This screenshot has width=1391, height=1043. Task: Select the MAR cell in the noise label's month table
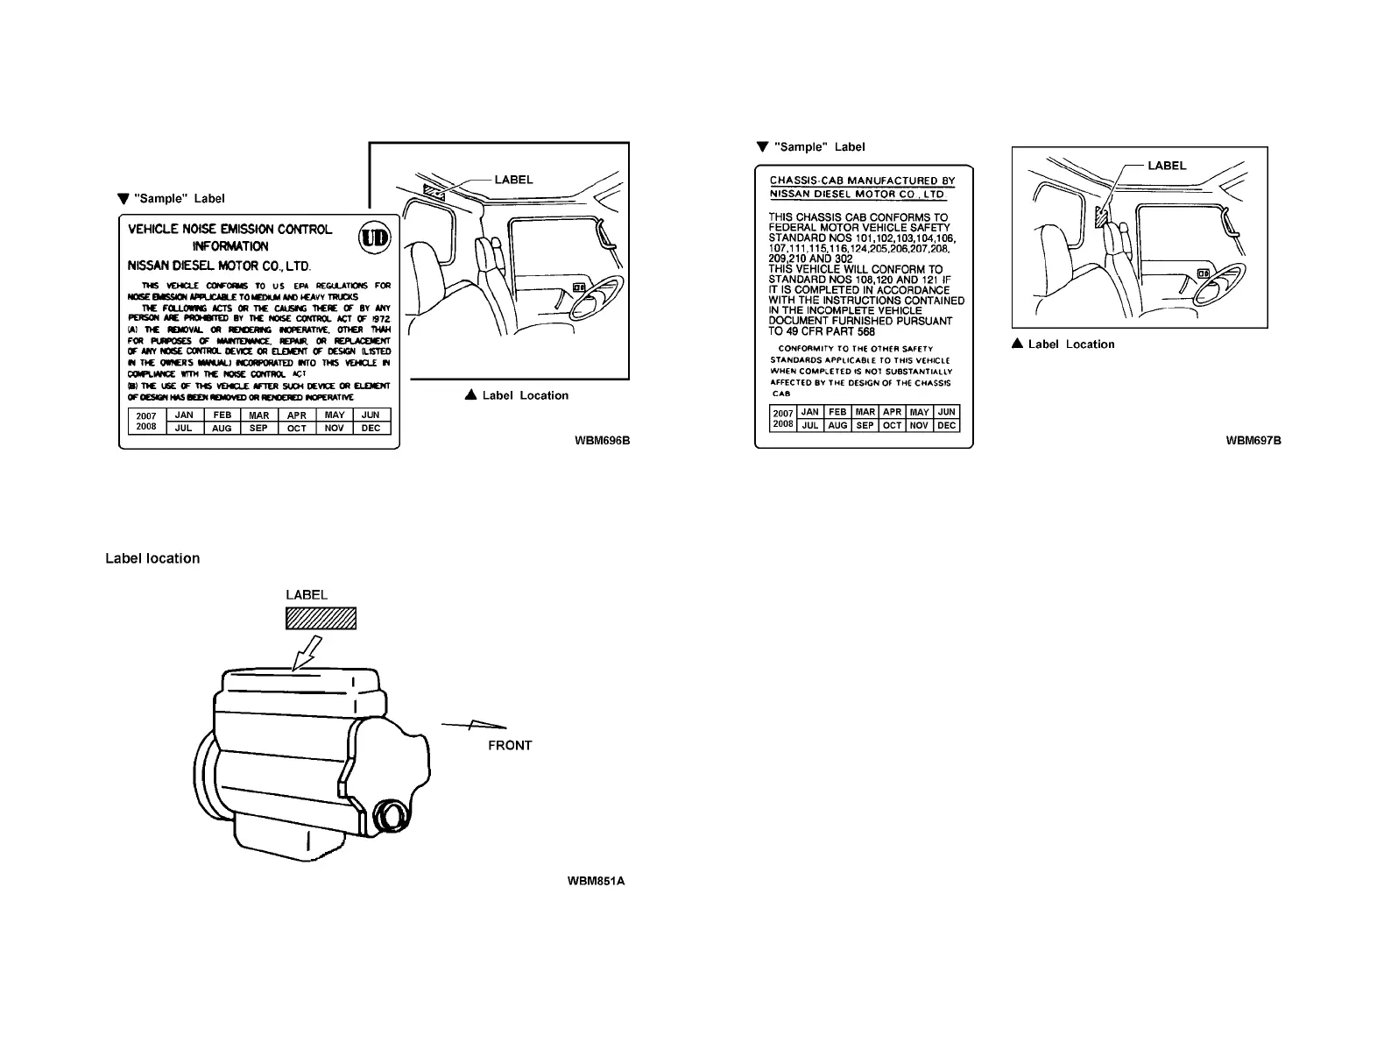coord(258,415)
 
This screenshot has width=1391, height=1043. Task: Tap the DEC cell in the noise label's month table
coord(371,428)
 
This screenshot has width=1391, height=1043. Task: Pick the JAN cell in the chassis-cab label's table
coord(810,412)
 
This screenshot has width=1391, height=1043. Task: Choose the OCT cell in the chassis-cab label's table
coord(892,425)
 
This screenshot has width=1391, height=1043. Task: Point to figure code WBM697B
coord(1253,440)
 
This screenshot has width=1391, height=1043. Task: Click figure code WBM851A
coord(596,881)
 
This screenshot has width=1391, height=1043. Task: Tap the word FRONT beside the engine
coord(510,746)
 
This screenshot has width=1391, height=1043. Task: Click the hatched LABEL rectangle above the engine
coord(321,619)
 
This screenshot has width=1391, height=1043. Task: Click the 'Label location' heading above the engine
coord(152,558)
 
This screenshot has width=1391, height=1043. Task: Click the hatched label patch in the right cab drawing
coord(1102,216)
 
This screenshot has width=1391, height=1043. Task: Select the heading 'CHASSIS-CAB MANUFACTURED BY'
coord(862,181)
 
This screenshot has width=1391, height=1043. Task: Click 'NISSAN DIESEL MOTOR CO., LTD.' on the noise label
coord(219,266)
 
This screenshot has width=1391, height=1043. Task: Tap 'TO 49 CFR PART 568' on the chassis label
coord(822,331)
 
